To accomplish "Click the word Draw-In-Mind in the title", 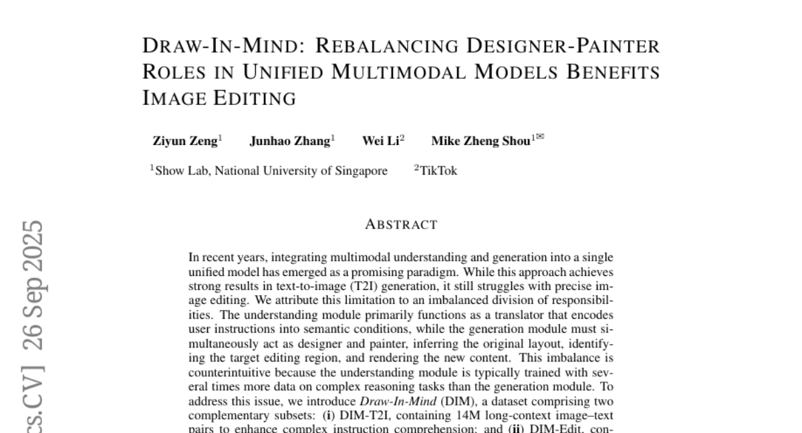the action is [224, 46].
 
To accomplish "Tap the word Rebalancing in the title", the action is [387, 46].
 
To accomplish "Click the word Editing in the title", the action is [255, 98].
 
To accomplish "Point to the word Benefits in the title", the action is [613, 71].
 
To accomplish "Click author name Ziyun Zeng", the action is [185, 141].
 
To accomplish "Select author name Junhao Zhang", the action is [290, 141].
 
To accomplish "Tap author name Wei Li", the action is [380, 141].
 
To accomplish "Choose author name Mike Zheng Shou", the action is [481, 141].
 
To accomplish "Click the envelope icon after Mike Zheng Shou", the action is [540, 136].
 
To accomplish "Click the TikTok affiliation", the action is [438, 170].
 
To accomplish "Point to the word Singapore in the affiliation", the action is [362, 171].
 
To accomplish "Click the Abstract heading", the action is [402, 225].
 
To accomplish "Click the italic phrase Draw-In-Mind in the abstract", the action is [398, 401].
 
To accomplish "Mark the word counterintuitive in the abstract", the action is [229, 372].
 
